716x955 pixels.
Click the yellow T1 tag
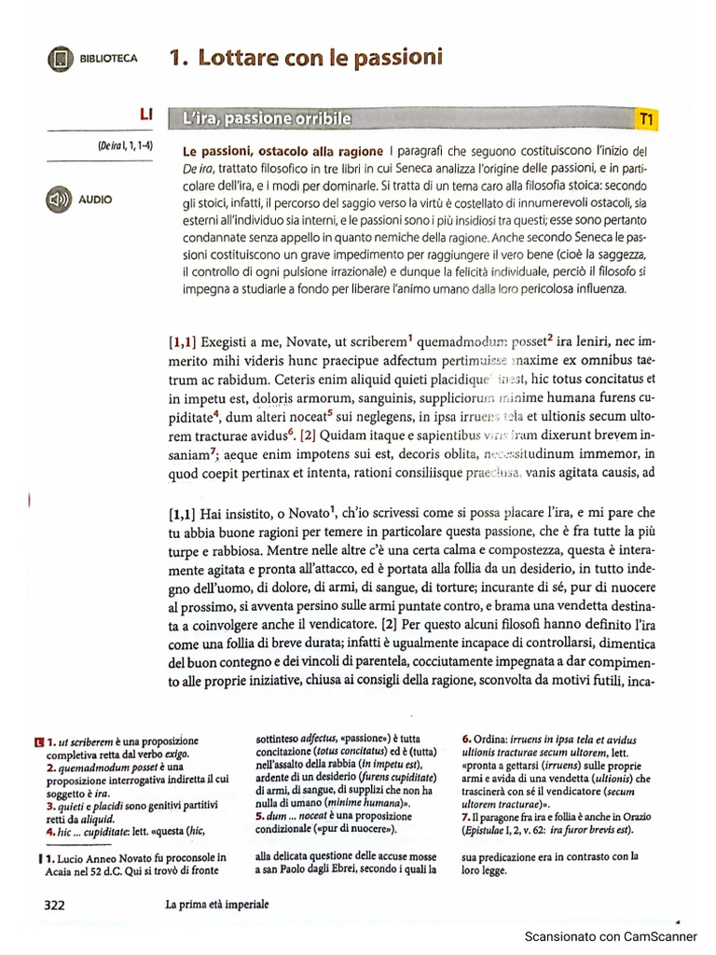(x=646, y=118)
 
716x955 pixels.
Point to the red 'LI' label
(x=145, y=114)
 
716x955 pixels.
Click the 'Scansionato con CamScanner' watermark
(x=611, y=936)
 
